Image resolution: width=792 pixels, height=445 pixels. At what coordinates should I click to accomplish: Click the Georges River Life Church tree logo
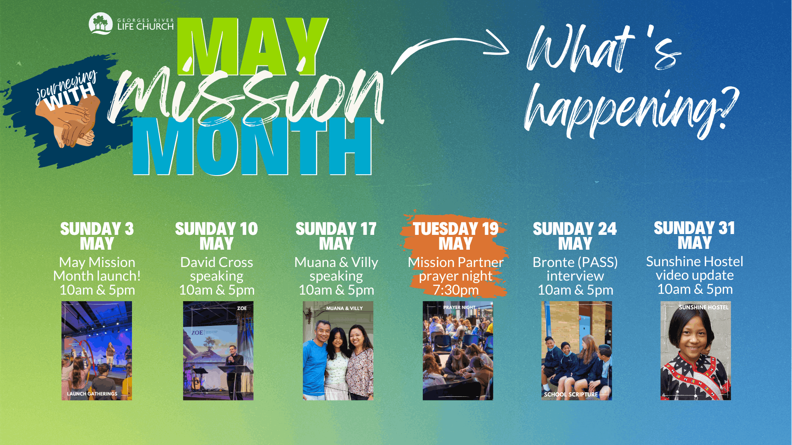[100, 23]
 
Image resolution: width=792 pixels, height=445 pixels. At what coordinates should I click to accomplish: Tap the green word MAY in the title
[252, 47]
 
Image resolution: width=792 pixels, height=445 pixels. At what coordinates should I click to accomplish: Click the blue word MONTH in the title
[252, 146]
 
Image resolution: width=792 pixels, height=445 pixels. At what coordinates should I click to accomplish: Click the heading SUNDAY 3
[97, 229]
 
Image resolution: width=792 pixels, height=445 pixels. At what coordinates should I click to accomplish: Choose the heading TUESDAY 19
[456, 229]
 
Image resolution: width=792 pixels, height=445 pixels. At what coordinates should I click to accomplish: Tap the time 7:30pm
[456, 290]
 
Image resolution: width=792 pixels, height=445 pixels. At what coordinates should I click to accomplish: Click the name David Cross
[217, 262]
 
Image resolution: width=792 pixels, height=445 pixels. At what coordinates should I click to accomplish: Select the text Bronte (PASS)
[575, 262]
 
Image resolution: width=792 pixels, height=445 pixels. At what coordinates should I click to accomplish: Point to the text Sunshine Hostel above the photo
[695, 261]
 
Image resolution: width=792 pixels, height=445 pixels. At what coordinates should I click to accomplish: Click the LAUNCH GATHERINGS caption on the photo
[92, 394]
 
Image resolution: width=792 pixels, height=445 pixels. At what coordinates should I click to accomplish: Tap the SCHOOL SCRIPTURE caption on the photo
[570, 394]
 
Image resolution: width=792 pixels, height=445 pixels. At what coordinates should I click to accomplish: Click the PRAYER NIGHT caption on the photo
[459, 307]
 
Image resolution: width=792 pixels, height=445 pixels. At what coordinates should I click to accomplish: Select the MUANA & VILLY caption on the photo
[344, 308]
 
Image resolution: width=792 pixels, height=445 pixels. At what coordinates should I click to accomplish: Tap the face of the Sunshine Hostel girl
[693, 336]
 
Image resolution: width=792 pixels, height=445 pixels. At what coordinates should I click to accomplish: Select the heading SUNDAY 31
[695, 228]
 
